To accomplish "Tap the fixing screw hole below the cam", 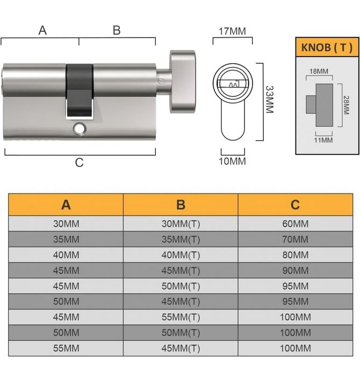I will point(80,129).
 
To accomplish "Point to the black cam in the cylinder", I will point(79,89).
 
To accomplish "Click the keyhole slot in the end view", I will point(233,85).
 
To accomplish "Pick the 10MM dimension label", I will point(232,161).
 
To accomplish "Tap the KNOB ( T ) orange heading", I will point(327,47).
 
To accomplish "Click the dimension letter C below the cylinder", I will point(79,162).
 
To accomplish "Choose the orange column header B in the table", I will point(181,205).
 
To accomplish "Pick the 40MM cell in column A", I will point(66,255).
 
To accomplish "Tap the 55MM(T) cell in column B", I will point(181,317).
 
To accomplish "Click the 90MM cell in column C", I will point(295,270).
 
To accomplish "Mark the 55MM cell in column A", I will point(66,348).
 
